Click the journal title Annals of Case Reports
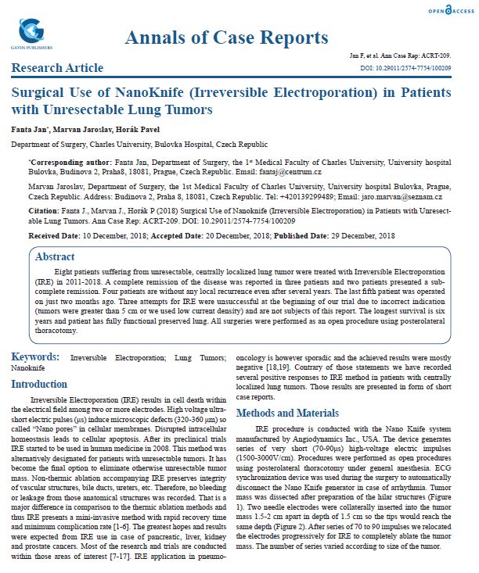click(226, 38)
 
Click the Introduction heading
click(44, 384)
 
